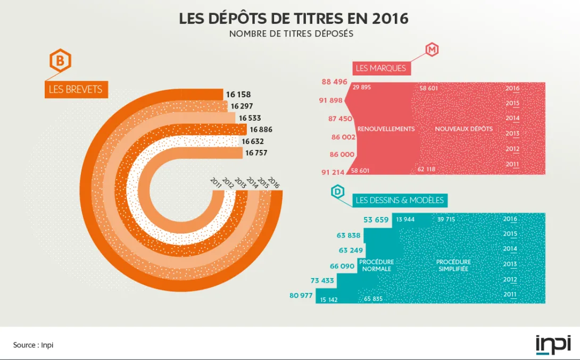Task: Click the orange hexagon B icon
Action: click(60, 62)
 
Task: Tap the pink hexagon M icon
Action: click(432, 50)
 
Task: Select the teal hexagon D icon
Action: click(338, 192)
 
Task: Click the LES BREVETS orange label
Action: click(76, 89)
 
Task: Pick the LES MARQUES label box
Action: click(380, 68)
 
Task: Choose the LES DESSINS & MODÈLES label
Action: click(400, 200)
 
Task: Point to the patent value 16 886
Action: click(261, 130)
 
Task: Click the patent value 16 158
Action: click(238, 95)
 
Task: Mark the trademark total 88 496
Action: click(334, 82)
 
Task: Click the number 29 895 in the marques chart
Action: click(362, 87)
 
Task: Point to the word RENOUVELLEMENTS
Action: click(386, 129)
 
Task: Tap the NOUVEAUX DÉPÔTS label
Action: click(463, 129)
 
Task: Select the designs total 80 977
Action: click(301, 296)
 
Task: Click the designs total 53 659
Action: click(376, 220)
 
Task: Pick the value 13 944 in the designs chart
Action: click(405, 219)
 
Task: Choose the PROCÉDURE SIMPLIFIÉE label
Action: click(453, 265)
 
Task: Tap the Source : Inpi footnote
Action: click(33, 345)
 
